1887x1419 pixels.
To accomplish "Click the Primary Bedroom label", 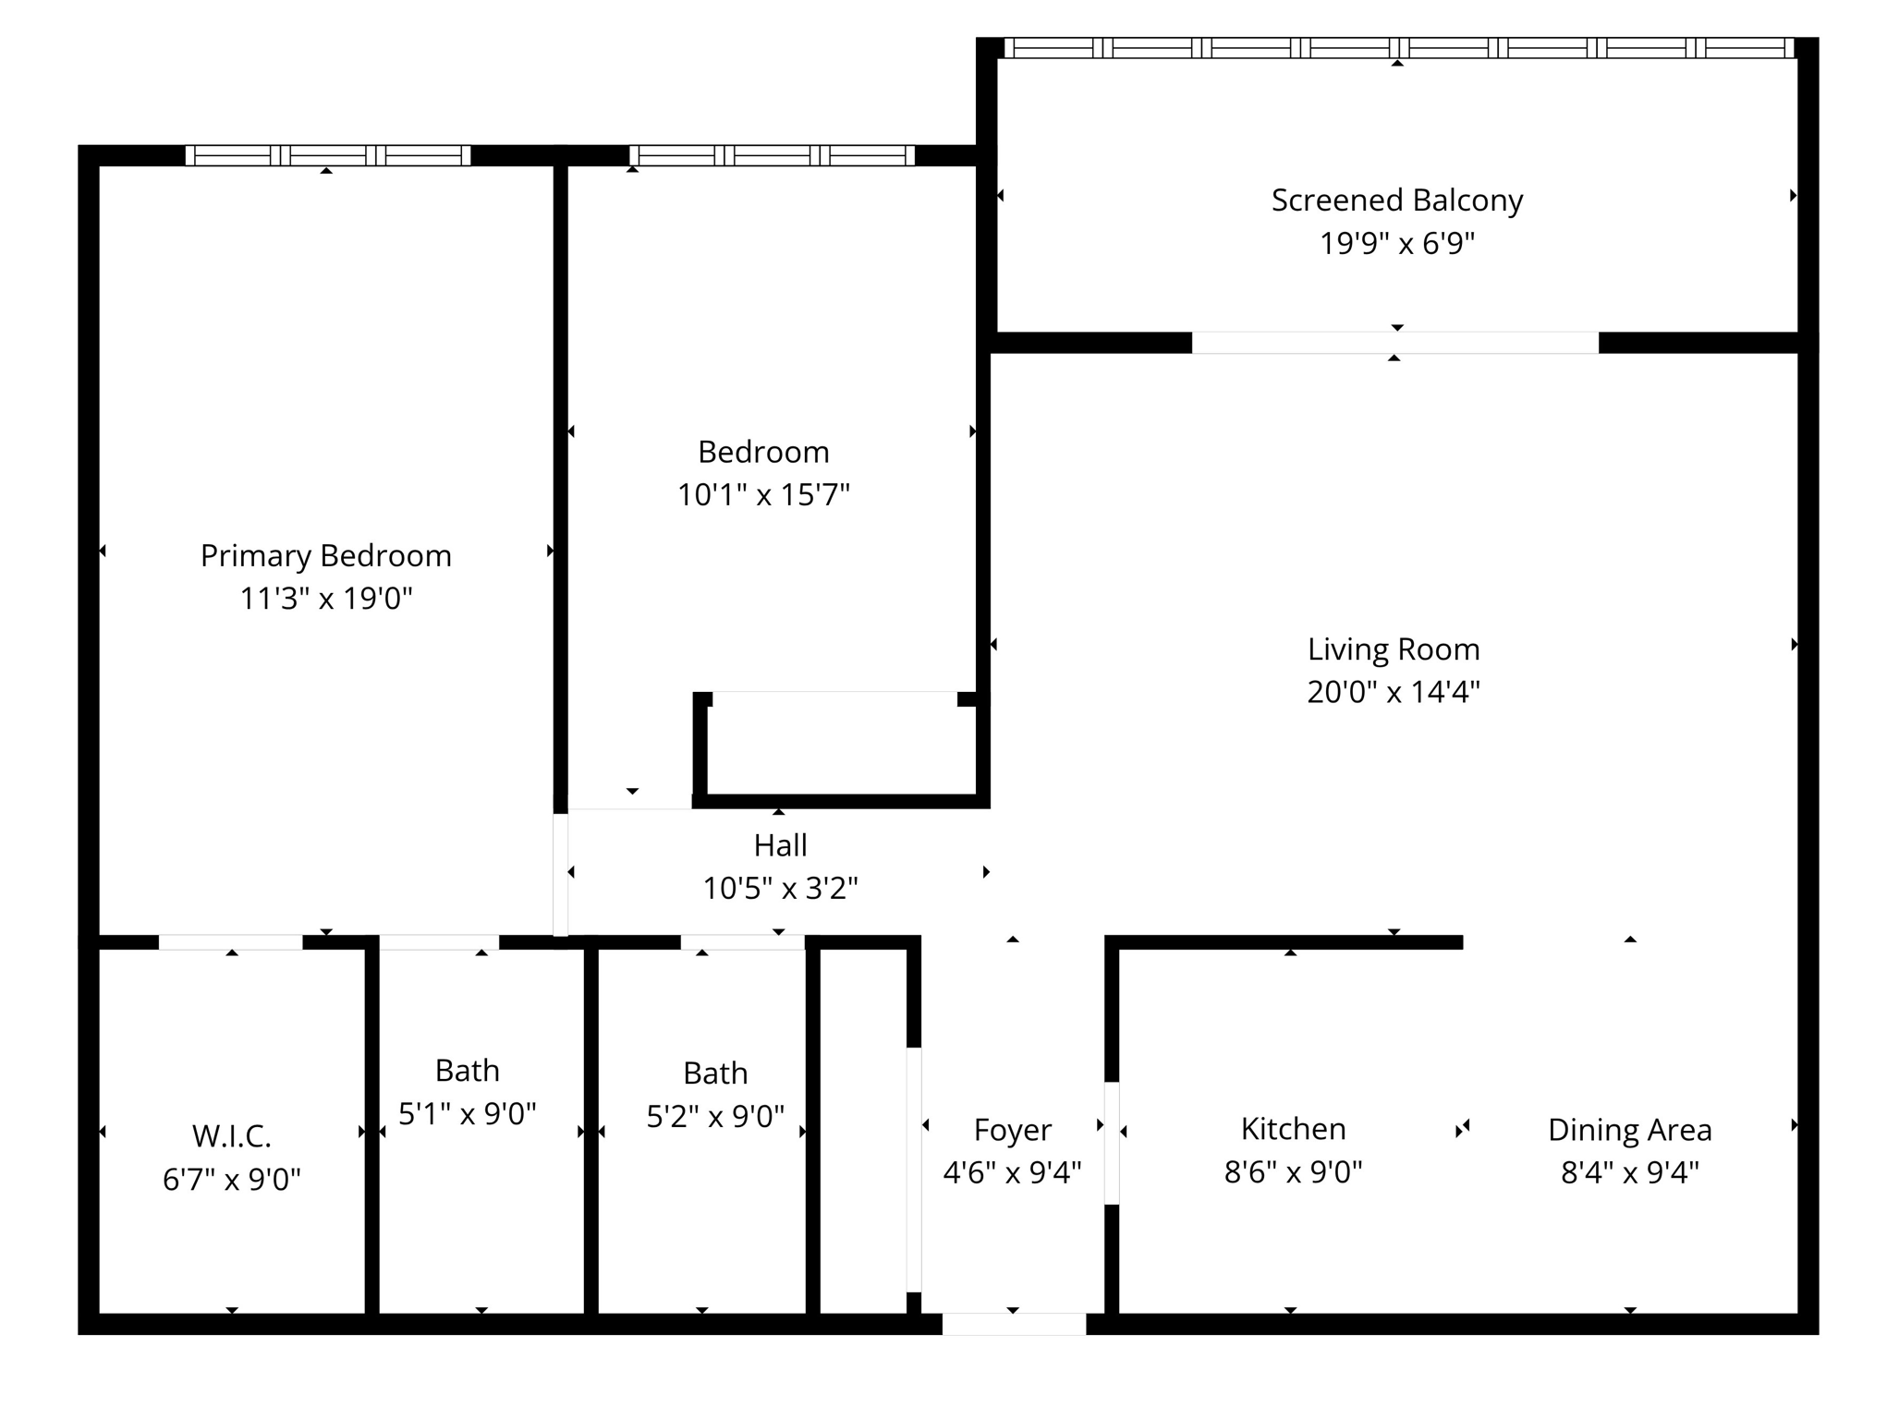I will (325, 556).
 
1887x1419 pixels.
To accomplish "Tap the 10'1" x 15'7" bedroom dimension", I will (763, 495).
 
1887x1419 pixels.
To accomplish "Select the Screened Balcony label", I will (1396, 200).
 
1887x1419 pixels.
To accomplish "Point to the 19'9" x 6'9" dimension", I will (1396, 244).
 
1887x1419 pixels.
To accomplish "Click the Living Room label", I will (1393, 649).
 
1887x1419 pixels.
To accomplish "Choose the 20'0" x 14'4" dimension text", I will (1393, 692).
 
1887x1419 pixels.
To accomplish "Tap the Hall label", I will (780, 845).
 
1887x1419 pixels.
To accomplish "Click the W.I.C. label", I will (231, 1136).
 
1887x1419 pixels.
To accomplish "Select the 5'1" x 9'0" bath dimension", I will (467, 1114).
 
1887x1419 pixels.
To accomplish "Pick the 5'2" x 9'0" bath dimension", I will (714, 1117).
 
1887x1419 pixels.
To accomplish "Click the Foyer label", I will (1012, 1130).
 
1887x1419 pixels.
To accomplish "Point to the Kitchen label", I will (1292, 1129).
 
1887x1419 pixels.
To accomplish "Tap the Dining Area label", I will (1629, 1130).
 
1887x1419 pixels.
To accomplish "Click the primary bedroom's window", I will (328, 155).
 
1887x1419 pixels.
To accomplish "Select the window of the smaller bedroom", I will (772, 155).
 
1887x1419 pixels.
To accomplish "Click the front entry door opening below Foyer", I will (1013, 1323).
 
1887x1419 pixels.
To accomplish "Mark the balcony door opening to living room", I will (1394, 343).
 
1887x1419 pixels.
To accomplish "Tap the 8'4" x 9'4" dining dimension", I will (1629, 1173).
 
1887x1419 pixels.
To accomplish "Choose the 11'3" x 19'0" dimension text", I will (325, 600).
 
